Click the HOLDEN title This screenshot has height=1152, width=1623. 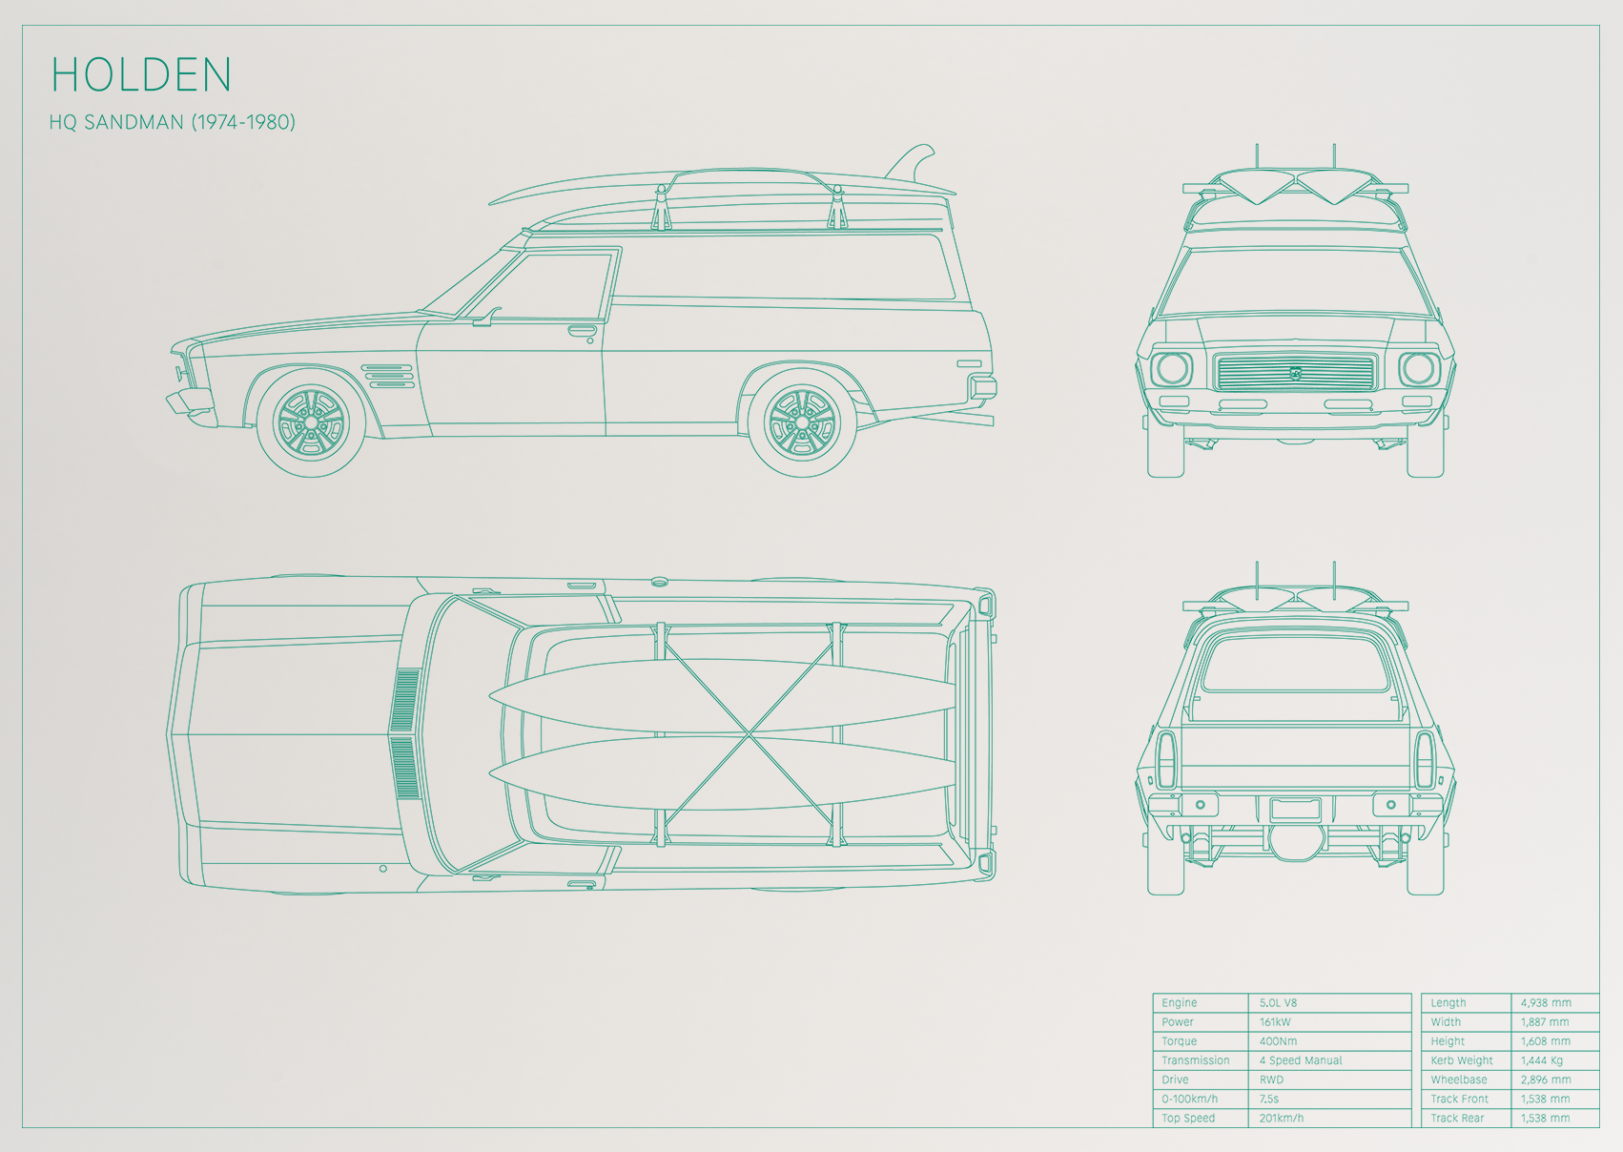[x=140, y=74]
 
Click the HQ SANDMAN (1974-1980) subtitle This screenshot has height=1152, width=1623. [x=173, y=122]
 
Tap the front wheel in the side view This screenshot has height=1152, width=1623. [x=311, y=423]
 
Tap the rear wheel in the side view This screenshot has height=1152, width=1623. [x=802, y=423]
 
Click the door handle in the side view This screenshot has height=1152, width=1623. [x=582, y=331]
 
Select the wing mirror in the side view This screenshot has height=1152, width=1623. [x=485, y=317]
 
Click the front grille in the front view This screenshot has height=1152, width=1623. [x=1295, y=373]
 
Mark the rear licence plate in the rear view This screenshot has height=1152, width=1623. [x=1295, y=809]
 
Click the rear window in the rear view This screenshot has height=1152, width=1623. [x=1295, y=661]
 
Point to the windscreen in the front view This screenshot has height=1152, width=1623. [x=1295, y=282]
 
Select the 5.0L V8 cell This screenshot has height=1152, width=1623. [x=1278, y=1002]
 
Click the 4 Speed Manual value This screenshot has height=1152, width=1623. [x=1301, y=1060]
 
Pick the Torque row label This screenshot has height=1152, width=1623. [x=1179, y=1041]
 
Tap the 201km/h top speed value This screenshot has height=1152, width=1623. [x=1281, y=1118]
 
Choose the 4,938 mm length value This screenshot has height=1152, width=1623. [x=1546, y=1002]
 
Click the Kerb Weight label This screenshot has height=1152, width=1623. [x=1462, y=1060]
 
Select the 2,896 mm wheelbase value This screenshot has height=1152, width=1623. [x=1546, y=1080]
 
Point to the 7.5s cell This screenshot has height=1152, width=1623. [x=1268, y=1099]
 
